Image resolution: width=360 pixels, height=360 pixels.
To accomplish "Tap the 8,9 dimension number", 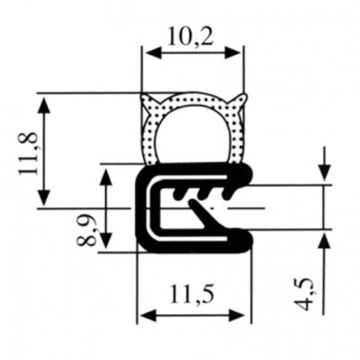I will (87, 229).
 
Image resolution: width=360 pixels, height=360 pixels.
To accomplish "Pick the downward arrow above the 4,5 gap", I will (324, 174).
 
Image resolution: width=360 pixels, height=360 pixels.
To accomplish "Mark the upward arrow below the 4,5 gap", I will (324, 238).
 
